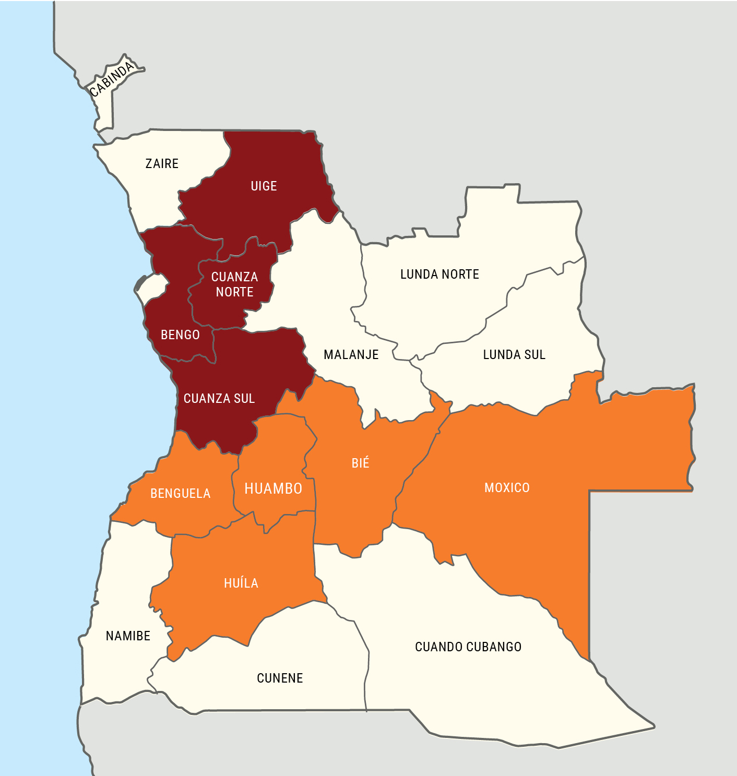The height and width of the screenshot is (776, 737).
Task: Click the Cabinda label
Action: (111, 79)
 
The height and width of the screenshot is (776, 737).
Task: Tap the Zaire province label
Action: (162, 164)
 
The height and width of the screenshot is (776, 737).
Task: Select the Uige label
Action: (264, 186)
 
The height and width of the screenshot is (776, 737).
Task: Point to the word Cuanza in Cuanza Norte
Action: (234, 277)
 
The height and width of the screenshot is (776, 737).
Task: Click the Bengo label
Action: (180, 335)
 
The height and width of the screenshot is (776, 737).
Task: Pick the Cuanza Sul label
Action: (219, 399)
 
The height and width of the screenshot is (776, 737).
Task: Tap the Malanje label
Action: (351, 355)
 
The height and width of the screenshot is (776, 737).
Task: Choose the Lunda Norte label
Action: (439, 274)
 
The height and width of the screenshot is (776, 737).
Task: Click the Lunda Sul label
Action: (514, 355)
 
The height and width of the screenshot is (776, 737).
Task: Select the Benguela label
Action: (180, 494)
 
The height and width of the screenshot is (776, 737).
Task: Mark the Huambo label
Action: (274, 489)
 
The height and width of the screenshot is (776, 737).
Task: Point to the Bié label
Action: (360, 463)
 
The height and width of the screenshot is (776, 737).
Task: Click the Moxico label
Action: (507, 488)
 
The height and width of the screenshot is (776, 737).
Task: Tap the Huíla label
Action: (241, 583)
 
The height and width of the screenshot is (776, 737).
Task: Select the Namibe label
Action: (128, 636)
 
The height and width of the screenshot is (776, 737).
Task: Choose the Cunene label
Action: (280, 678)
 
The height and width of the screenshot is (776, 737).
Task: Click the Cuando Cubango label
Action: (468, 647)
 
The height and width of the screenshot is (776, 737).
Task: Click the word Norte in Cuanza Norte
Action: (234, 292)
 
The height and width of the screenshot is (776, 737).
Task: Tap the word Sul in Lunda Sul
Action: (535, 355)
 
